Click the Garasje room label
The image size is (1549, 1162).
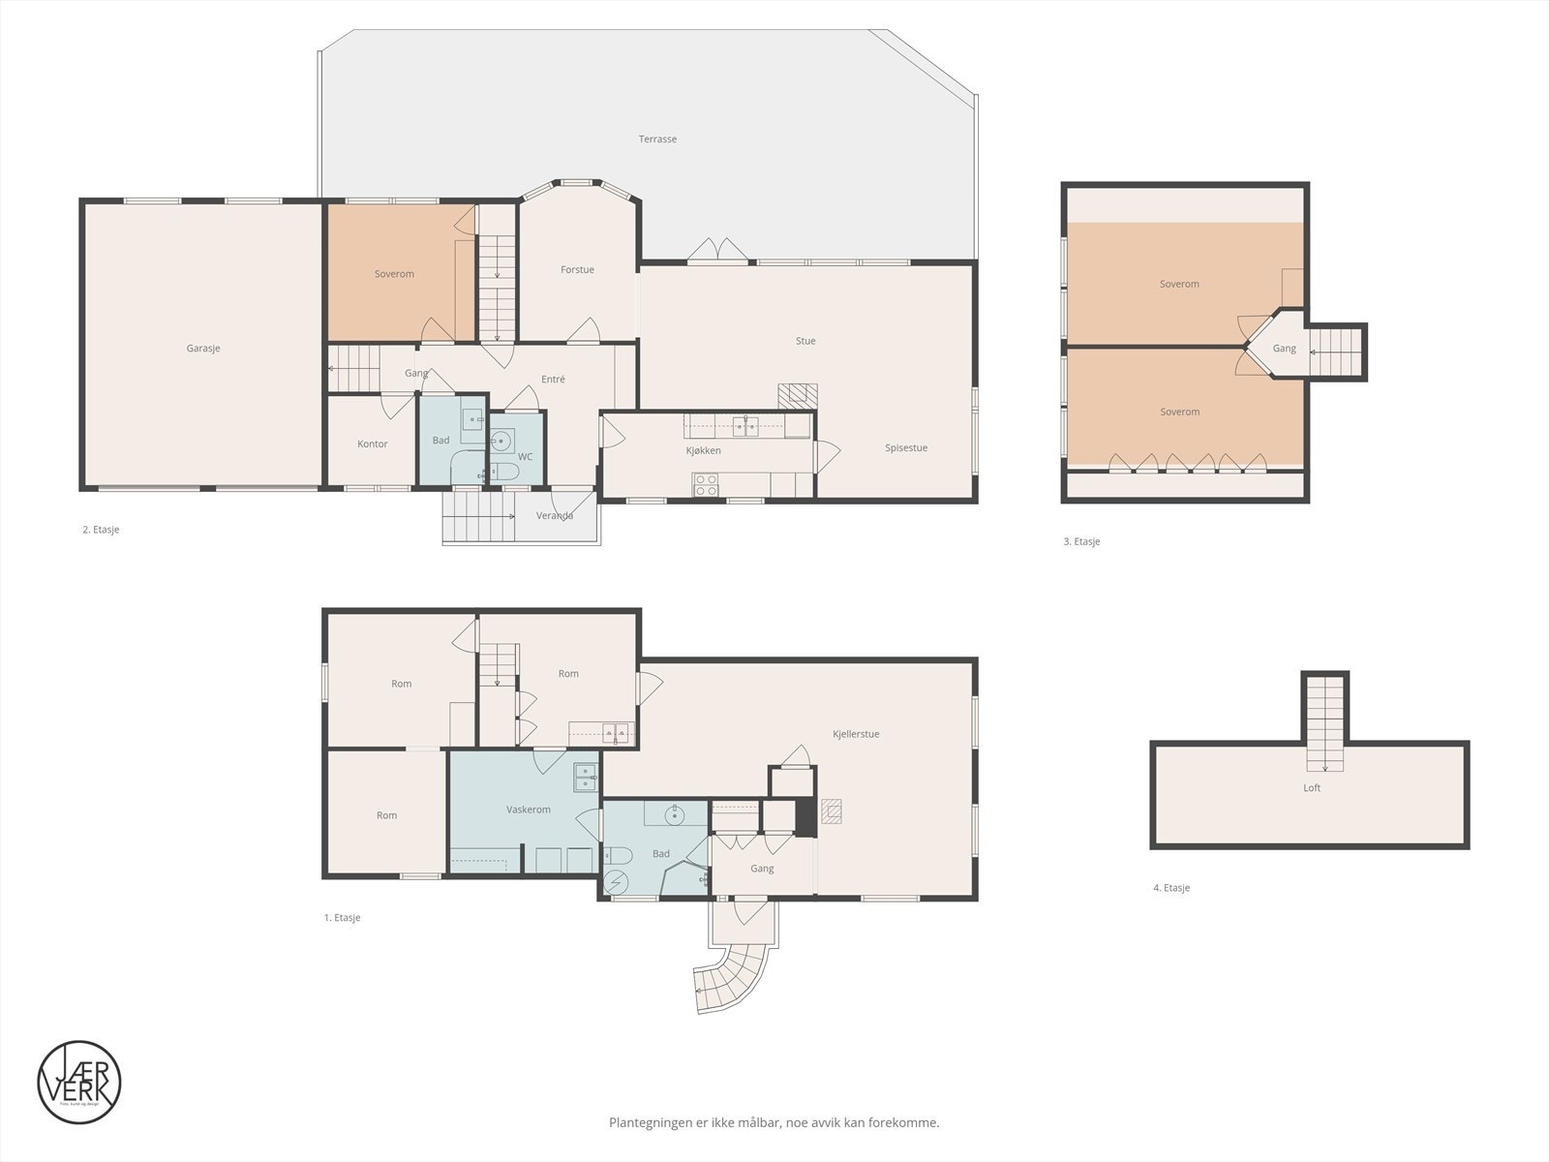tap(203, 348)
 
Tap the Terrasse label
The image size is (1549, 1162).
tap(657, 139)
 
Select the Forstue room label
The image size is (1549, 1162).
tap(577, 270)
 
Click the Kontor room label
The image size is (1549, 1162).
tap(372, 444)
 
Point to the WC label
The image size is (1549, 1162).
tap(526, 456)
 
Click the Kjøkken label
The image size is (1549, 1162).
tap(703, 450)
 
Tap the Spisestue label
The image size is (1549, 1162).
tap(906, 448)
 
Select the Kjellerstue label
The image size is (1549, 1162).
tap(856, 734)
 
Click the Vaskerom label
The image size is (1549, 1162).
tap(529, 810)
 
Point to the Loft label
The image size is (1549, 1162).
tap(1312, 788)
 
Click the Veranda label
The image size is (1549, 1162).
tap(555, 516)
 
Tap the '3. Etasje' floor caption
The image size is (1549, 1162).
tap(1081, 542)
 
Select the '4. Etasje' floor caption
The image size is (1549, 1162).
tap(1171, 888)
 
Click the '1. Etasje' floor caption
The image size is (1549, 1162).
tap(342, 918)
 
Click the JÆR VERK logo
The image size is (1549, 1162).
tap(79, 1083)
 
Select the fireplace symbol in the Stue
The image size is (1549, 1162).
tap(798, 394)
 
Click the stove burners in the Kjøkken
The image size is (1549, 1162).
tap(706, 484)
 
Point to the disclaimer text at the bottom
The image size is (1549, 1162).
tap(774, 1123)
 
